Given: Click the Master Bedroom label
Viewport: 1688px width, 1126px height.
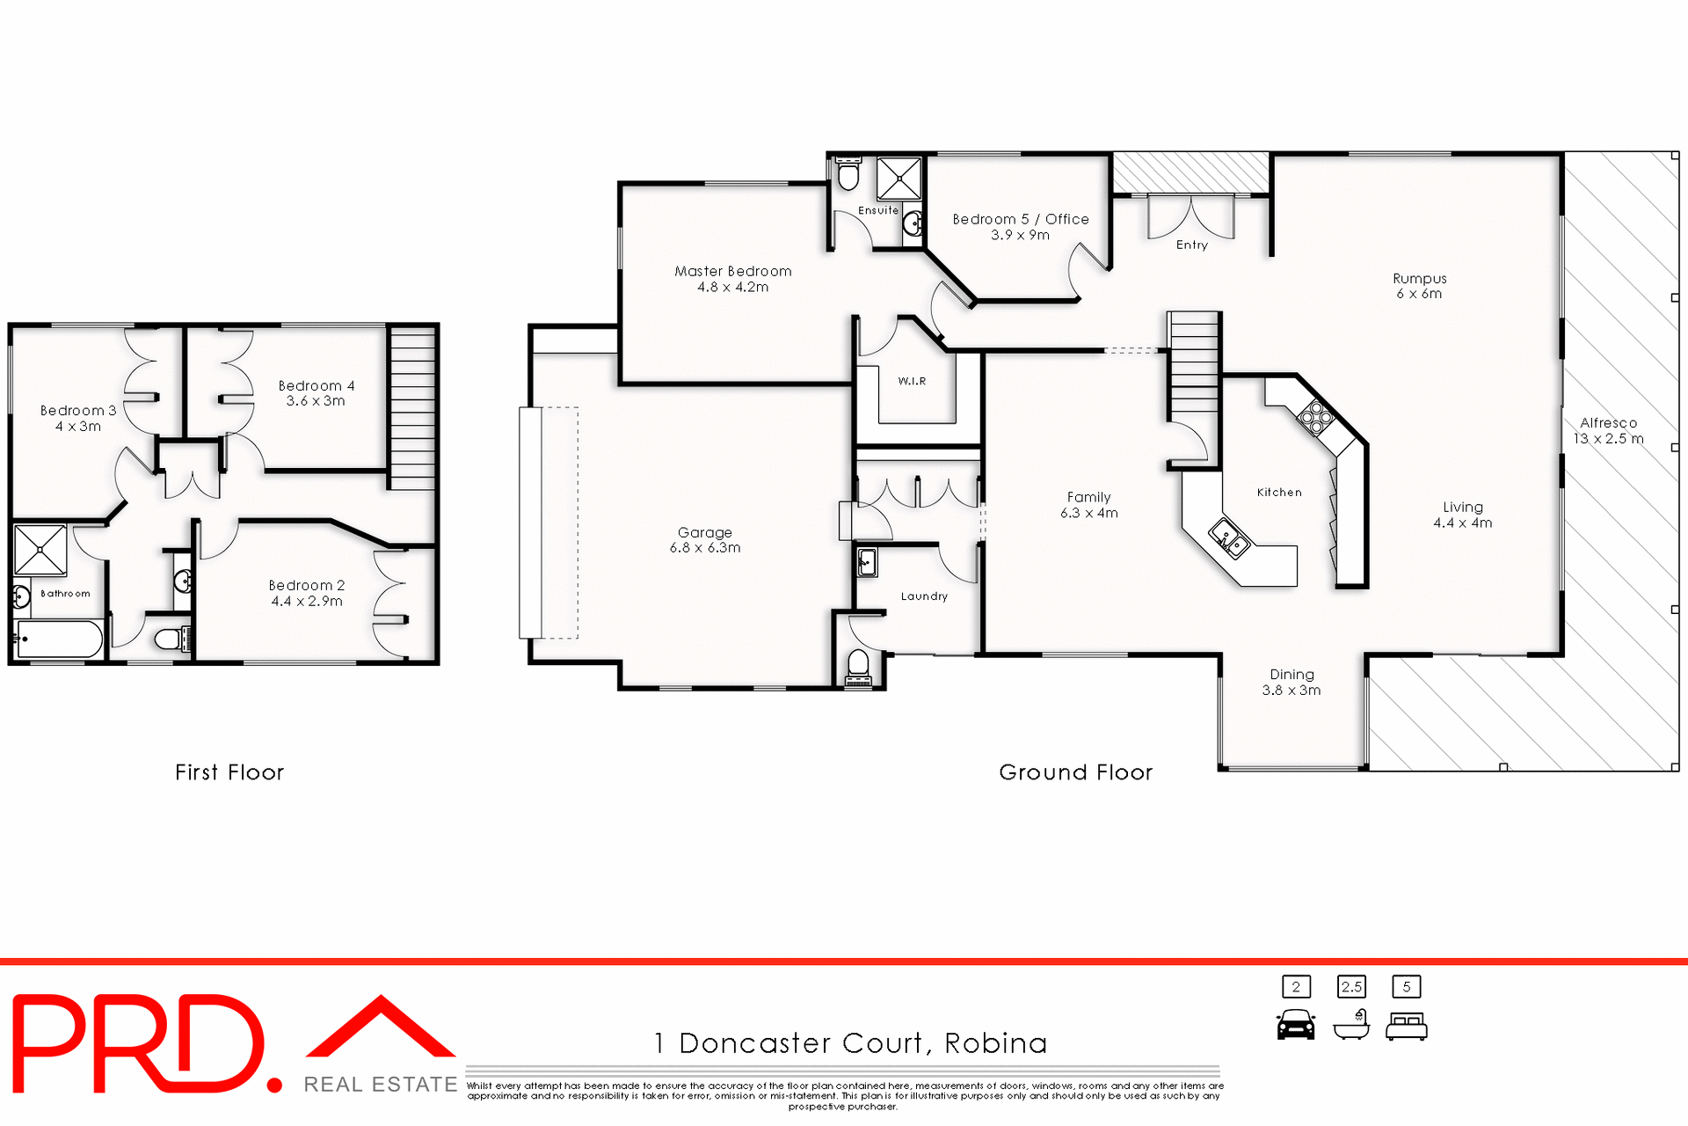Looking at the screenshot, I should pos(732,272).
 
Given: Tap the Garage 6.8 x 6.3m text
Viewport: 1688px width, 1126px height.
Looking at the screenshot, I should pos(705,540).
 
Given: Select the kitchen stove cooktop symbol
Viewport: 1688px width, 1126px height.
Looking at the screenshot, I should pos(1316,417).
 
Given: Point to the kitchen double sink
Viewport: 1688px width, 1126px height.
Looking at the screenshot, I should pos(1229,538).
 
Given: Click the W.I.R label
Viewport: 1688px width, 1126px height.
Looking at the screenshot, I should pos(912,381).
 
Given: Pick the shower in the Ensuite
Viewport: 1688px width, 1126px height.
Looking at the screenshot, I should pos(899,179).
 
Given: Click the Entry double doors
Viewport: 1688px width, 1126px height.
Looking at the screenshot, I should pos(1190,217).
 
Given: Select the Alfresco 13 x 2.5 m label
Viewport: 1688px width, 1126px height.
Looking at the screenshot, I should pos(1608,431).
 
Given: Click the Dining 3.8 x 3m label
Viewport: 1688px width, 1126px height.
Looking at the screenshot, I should pos(1291,683).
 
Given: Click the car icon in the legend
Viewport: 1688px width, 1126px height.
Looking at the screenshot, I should pos(1296,1025).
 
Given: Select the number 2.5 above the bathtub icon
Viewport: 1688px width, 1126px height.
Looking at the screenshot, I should pos(1351,987).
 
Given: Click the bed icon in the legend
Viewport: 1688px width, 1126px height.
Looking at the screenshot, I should pos(1407,1027).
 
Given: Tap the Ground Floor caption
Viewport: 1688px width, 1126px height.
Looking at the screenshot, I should pos(1075,772).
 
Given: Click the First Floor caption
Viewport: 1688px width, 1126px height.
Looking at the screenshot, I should pos(229,772).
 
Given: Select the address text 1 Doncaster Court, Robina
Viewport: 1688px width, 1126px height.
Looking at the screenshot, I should pos(850,1043).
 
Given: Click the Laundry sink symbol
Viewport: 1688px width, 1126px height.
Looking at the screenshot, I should pos(867,562).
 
